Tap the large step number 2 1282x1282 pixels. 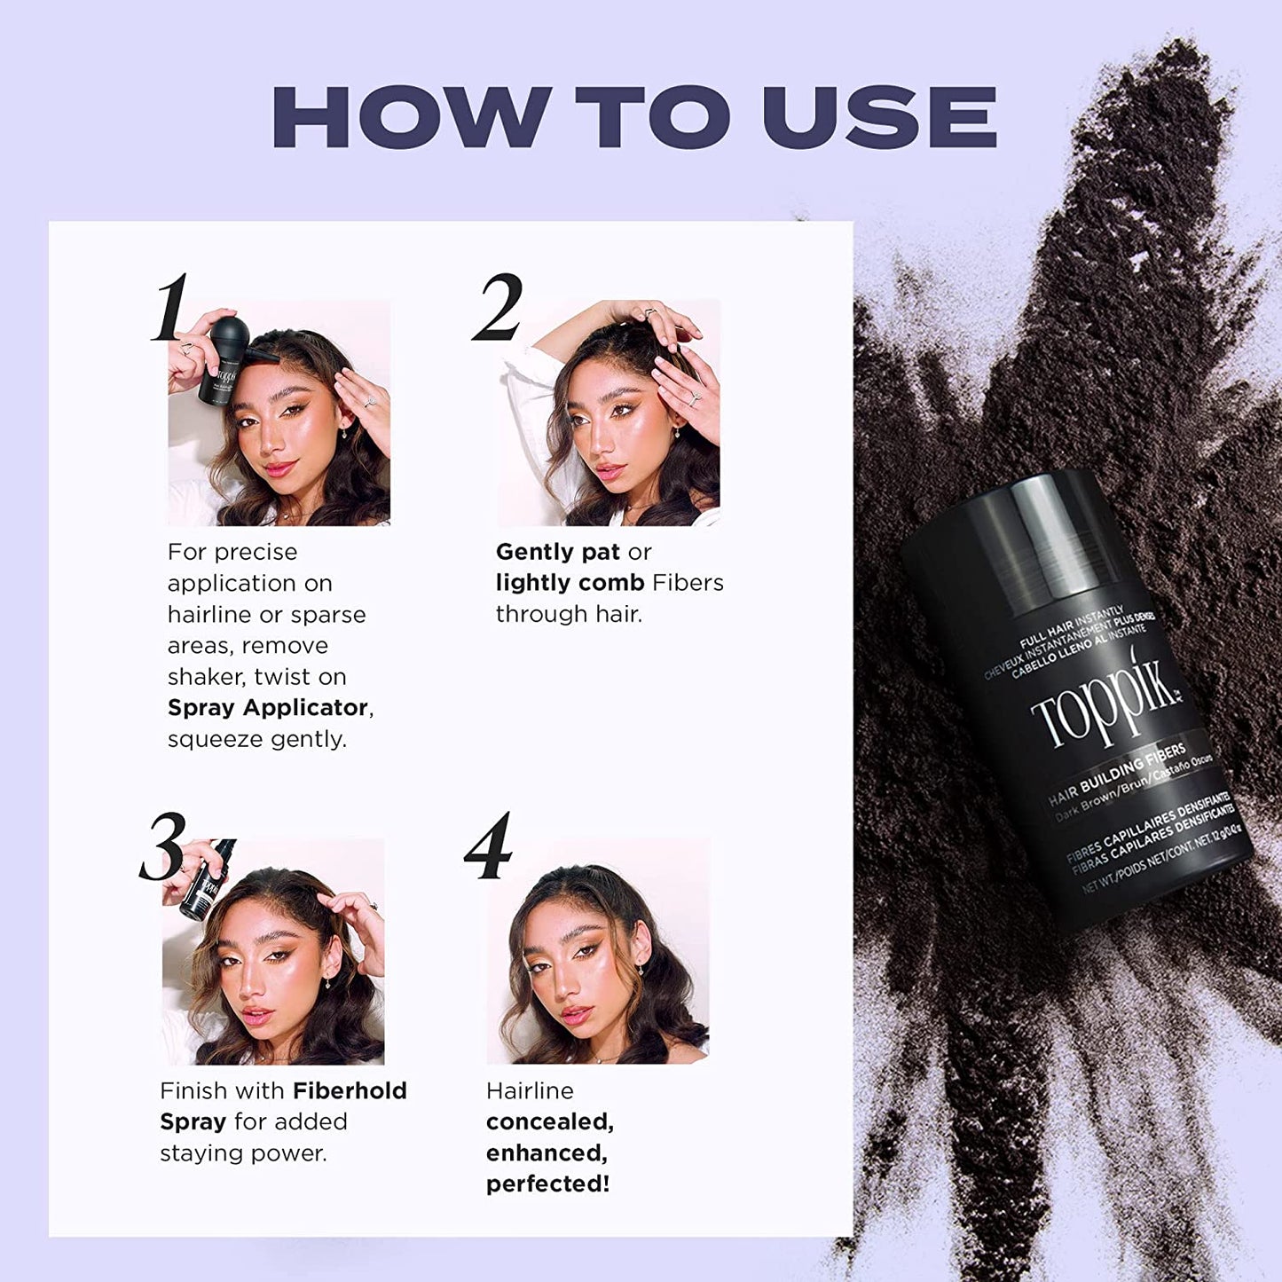[499, 308]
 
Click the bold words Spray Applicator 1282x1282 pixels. [269, 707]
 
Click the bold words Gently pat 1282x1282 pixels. [557, 552]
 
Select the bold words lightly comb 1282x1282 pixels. [570, 583]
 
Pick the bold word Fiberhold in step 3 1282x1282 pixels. [350, 1090]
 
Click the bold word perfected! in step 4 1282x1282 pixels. [547, 1184]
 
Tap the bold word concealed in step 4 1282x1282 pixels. [549, 1121]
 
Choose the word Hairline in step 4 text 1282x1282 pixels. [530, 1090]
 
